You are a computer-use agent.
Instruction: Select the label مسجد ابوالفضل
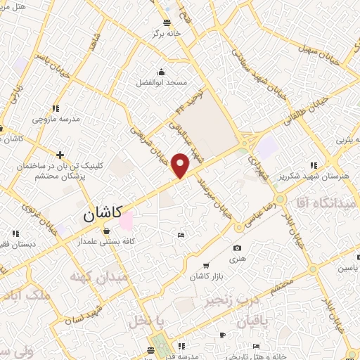pyautogui.click(x=162, y=82)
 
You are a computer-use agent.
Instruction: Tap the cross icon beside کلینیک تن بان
pyautogui.click(x=60, y=155)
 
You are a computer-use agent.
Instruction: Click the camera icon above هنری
pyautogui.click(x=237, y=248)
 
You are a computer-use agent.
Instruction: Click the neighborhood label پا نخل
pyautogui.click(x=146, y=321)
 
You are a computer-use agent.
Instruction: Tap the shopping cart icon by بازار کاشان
pyautogui.click(x=205, y=265)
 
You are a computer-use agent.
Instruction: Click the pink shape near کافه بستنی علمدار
pyautogui.click(x=126, y=221)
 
